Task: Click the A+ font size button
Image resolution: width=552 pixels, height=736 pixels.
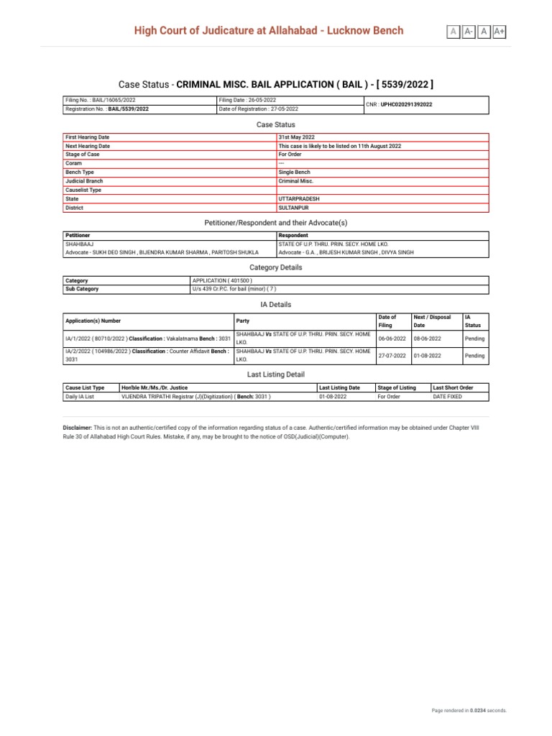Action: [500, 31]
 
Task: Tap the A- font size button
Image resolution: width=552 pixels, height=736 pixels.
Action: [469, 31]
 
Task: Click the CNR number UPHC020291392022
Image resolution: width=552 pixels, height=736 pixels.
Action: [407, 104]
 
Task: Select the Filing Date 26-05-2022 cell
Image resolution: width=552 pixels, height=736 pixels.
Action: [248, 100]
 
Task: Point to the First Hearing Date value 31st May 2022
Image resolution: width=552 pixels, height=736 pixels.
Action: [296, 137]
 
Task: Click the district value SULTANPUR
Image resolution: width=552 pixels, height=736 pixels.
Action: [294, 208]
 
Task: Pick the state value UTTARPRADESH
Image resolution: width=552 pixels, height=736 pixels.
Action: [299, 198]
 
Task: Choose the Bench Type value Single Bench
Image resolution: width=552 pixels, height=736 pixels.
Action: [295, 172]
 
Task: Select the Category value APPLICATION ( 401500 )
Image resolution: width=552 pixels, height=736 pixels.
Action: [222, 280]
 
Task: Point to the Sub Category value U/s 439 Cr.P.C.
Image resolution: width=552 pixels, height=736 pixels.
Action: [234, 289]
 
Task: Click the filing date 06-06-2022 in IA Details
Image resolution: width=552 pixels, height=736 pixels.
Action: [392, 339]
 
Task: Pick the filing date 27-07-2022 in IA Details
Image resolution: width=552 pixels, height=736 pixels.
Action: [392, 355]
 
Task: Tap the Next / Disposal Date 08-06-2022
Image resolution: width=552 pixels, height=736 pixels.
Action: [428, 339]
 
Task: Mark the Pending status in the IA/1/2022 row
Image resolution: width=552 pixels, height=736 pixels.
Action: [474, 339]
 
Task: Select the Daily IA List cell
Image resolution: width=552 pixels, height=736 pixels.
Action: [80, 396]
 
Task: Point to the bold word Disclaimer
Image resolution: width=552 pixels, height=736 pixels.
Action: [78, 427]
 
